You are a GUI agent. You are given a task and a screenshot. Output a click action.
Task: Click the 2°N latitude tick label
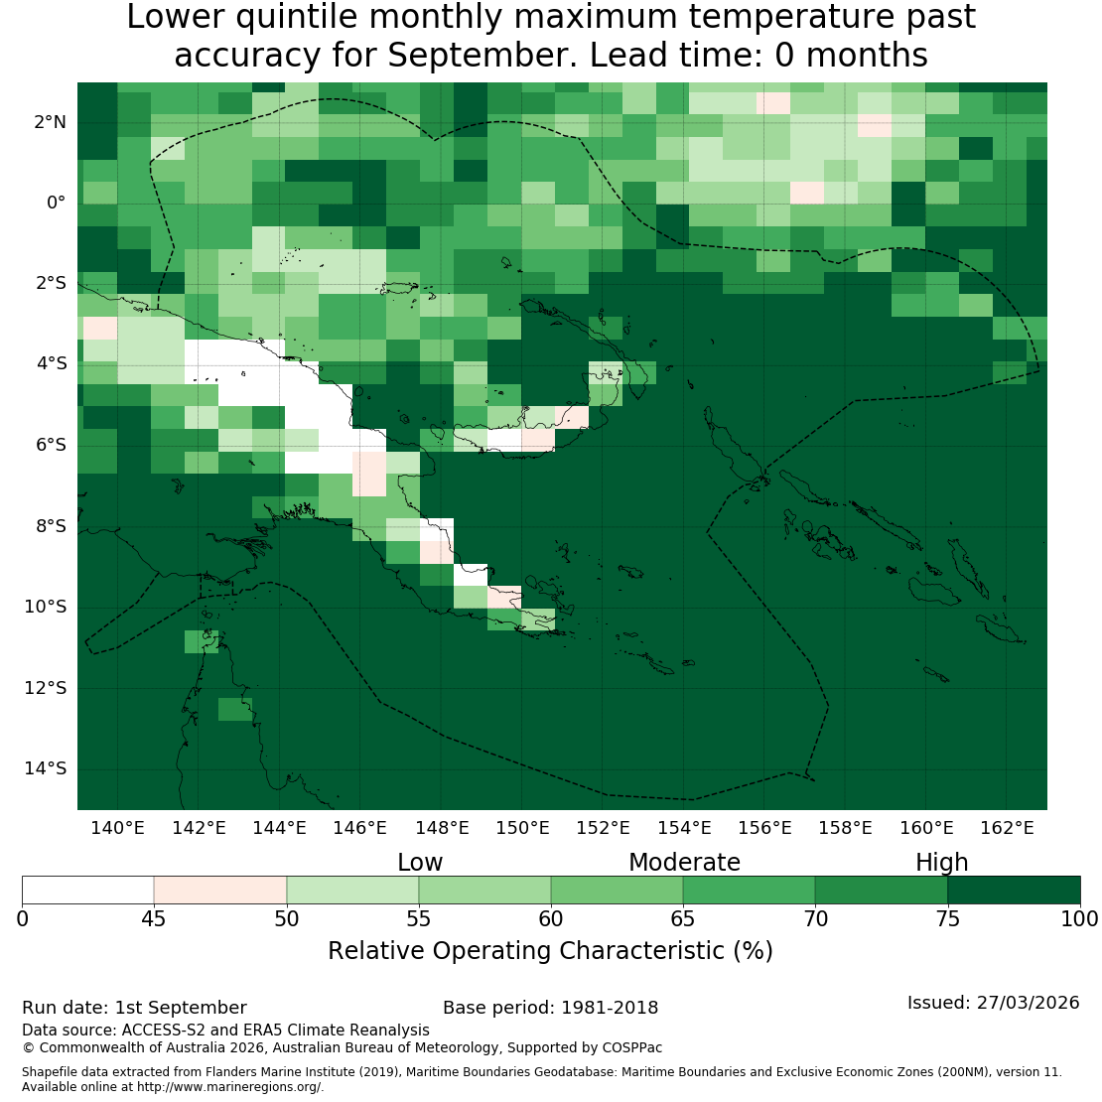[x=50, y=122]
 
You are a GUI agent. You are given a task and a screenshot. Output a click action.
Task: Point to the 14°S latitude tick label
[x=46, y=768]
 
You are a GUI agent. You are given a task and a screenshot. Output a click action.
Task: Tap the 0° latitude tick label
[x=57, y=204]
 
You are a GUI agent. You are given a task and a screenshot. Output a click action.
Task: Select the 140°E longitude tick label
[x=117, y=828]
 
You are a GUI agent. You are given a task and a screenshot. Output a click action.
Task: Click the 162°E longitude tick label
[x=1007, y=828]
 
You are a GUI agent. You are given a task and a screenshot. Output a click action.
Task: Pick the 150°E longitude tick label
[x=522, y=828]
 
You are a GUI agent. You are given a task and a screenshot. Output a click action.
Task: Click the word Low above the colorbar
[x=420, y=863]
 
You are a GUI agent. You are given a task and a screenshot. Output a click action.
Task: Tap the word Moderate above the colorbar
[x=684, y=863]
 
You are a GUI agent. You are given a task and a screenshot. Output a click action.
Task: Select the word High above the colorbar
[x=942, y=863]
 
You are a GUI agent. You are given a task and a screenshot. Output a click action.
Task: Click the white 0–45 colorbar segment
[x=87, y=890]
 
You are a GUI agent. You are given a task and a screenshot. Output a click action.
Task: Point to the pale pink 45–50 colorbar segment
[x=220, y=890]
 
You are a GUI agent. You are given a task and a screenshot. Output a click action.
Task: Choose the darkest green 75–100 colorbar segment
[x=1015, y=890]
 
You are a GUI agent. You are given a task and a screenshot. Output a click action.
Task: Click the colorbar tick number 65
[x=682, y=918]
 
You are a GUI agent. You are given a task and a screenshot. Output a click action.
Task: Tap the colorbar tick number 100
[x=1079, y=918]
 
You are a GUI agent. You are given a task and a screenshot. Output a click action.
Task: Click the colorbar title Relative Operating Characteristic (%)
[x=550, y=951]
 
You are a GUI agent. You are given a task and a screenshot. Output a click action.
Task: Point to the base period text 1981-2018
[x=610, y=1008]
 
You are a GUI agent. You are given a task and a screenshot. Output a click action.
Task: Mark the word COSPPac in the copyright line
[x=631, y=1047]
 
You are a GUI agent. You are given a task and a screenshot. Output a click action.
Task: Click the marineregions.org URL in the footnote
[x=229, y=1086]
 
